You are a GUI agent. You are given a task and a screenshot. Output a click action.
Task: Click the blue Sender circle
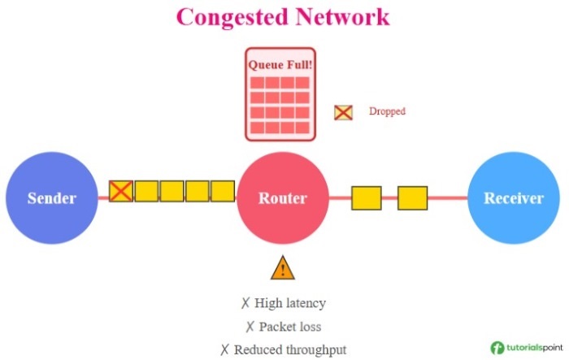point(52,198)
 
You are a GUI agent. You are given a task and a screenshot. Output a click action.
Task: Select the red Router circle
point(282,198)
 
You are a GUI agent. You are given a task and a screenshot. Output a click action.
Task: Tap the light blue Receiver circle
point(513,198)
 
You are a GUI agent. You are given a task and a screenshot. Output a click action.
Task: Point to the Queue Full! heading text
point(280,63)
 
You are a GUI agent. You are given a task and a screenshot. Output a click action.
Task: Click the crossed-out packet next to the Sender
point(121,191)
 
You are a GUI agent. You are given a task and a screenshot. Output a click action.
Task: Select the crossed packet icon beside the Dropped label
point(343,112)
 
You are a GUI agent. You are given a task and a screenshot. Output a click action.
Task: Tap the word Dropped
point(387,111)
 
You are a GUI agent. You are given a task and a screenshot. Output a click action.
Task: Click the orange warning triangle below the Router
point(282,267)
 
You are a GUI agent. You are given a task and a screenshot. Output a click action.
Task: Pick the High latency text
point(290,303)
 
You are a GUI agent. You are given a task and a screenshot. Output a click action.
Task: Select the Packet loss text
point(290,327)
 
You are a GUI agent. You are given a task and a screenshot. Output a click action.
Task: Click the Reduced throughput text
point(290,349)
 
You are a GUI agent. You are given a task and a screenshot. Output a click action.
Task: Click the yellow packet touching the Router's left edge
point(223,191)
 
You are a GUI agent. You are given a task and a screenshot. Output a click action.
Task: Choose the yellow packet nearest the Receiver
point(412,198)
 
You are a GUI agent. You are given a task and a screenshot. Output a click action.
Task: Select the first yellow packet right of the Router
point(366,198)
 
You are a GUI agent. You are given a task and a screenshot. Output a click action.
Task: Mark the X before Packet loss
point(250,327)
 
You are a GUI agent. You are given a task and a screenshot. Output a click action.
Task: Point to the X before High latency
point(245,303)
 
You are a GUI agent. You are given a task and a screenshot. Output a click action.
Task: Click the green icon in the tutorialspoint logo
point(497,347)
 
